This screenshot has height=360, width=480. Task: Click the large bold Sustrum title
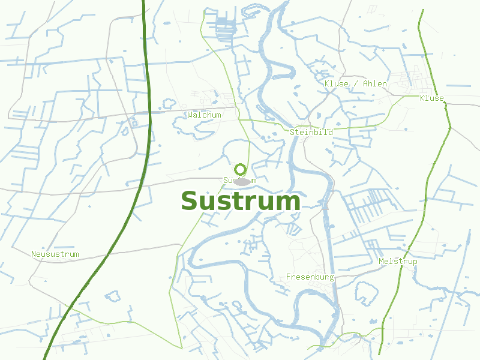click(241, 201)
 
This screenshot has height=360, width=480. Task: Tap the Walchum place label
click(204, 115)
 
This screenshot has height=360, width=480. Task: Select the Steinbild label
click(310, 132)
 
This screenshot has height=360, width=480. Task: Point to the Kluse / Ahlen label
click(355, 83)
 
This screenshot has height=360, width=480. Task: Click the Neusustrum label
click(55, 254)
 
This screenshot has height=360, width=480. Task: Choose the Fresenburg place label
click(310, 277)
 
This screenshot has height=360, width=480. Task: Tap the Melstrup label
click(398, 262)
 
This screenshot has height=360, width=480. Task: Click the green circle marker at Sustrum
click(241, 169)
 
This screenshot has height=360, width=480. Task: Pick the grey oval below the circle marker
click(241, 181)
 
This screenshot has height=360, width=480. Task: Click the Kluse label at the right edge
click(432, 98)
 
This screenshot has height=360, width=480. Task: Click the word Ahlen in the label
click(375, 83)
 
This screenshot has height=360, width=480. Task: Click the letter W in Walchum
click(190, 115)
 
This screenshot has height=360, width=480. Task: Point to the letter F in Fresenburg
click(289, 277)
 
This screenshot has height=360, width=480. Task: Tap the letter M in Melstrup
click(381, 262)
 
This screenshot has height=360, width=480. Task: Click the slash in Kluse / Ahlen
click(355, 83)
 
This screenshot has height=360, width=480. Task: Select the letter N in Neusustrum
click(34, 254)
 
